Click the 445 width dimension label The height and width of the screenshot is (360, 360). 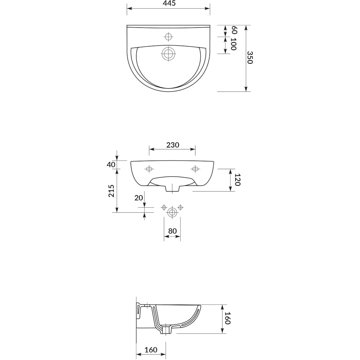(x=169, y=3)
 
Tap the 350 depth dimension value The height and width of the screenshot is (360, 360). (x=250, y=57)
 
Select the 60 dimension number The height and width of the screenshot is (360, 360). (x=234, y=30)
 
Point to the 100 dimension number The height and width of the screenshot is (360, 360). (x=234, y=44)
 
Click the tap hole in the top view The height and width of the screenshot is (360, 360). (x=168, y=36)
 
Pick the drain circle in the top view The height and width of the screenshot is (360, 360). (x=168, y=54)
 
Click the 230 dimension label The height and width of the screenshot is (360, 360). (x=173, y=145)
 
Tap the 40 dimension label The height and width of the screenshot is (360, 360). (x=111, y=165)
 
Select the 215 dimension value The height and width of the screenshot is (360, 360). (x=111, y=191)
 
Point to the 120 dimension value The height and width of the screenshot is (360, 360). (x=238, y=180)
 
